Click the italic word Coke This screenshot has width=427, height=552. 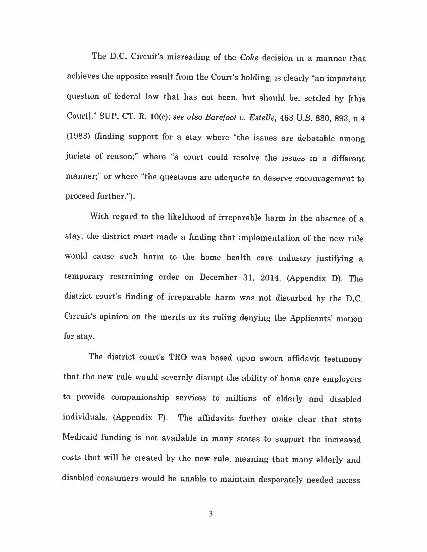click(249, 58)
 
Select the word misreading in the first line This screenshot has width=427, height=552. click(188, 57)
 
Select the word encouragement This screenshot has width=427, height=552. click(324, 178)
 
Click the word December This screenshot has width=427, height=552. click(218, 277)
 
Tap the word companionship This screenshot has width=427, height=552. click(140, 397)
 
